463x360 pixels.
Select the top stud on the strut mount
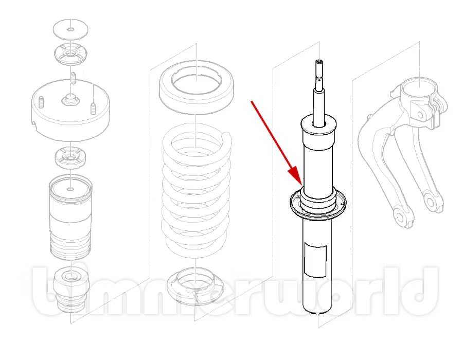(74, 78)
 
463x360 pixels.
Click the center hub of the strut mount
(70, 99)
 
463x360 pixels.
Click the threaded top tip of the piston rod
(320, 63)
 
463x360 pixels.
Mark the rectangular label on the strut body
(315, 260)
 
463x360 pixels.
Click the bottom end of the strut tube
(318, 311)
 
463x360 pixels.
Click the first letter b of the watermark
(49, 291)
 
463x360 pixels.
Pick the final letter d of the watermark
(422, 291)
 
